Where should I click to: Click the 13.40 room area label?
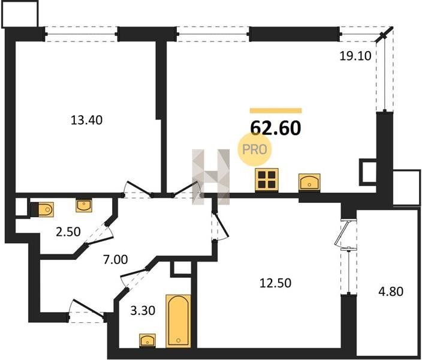click(86, 120)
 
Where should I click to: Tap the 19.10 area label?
click(355, 56)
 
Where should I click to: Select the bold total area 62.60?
click(276, 128)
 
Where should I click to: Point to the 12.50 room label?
click(275, 283)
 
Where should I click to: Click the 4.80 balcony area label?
click(391, 291)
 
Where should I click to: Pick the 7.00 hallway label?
click(116, 259)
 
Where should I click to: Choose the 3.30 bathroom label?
click(143, 310)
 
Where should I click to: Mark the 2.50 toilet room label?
click(68, 232)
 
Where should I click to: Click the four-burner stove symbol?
click(267, 180)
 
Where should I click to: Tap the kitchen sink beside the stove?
click(309, 182)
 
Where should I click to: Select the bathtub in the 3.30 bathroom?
click(179, 321)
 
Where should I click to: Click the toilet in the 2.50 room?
click(43, 209)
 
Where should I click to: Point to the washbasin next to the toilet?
click(84, 206)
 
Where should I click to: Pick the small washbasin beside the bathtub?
click(147, 340)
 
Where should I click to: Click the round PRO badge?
click(254, 149)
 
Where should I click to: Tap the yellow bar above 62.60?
click(276, 110)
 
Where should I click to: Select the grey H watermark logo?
click(211, 177)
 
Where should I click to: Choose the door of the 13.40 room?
click(139, 188)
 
